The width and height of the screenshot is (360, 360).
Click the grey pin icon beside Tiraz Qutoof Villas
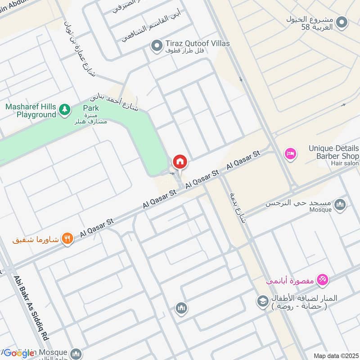[x=157, y=46]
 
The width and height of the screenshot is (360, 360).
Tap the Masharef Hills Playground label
[x=30, y=111]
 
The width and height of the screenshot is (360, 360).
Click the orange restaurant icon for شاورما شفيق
[x=67, y=238]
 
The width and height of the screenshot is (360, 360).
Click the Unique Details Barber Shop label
[x=333, y=152]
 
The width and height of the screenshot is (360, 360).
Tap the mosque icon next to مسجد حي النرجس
[x=341, y=205]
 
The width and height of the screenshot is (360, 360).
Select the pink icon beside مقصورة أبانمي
[x=323, y=280]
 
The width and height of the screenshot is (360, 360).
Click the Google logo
[x=19, y=353]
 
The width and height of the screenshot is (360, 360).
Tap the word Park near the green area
[x=90, y=108]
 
